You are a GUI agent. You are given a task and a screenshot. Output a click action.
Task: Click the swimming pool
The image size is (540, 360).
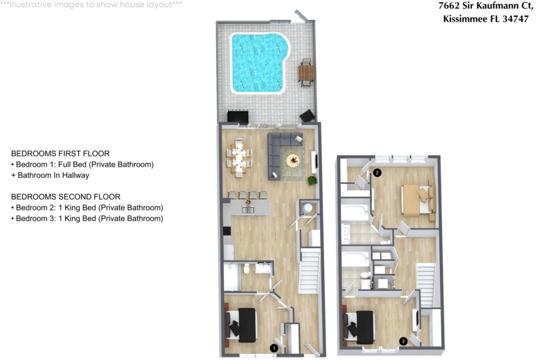tap(258, 63)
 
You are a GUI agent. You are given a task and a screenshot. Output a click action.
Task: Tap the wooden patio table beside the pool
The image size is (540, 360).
tap(306, 73)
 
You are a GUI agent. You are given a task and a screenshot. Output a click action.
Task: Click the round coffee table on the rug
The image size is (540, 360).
tap(294, 160)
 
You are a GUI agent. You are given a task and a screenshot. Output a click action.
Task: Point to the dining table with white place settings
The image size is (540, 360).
tap(239, 158)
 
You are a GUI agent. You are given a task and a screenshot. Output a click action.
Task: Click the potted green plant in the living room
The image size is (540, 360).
tap(312, 180)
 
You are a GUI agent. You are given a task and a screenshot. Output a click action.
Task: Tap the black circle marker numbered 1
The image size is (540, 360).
tap(274, 348)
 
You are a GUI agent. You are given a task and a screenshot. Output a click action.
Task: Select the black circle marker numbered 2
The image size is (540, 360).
tap(377, 172)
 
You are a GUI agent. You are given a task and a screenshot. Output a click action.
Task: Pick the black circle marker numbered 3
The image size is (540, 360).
tap(403, 341)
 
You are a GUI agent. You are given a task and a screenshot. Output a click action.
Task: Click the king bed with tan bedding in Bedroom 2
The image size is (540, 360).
tap(417, 201)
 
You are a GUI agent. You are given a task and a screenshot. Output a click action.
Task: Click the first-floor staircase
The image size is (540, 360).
tap(309, 271)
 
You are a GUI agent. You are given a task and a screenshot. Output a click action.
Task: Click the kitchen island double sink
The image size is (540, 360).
tap(248, 210)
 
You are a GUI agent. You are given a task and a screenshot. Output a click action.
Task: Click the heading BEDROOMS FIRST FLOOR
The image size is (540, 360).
tap(60, 153)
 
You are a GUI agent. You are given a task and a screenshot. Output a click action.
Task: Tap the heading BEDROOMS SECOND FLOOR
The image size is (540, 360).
tap(66, 197)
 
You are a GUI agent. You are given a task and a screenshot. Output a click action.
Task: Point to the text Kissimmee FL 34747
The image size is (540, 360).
tap(486, 19)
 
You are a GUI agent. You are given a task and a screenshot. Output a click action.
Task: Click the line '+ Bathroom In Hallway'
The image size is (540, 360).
tap(50, 175)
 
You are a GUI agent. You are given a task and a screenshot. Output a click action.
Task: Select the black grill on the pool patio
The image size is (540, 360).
tap(238, 116)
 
